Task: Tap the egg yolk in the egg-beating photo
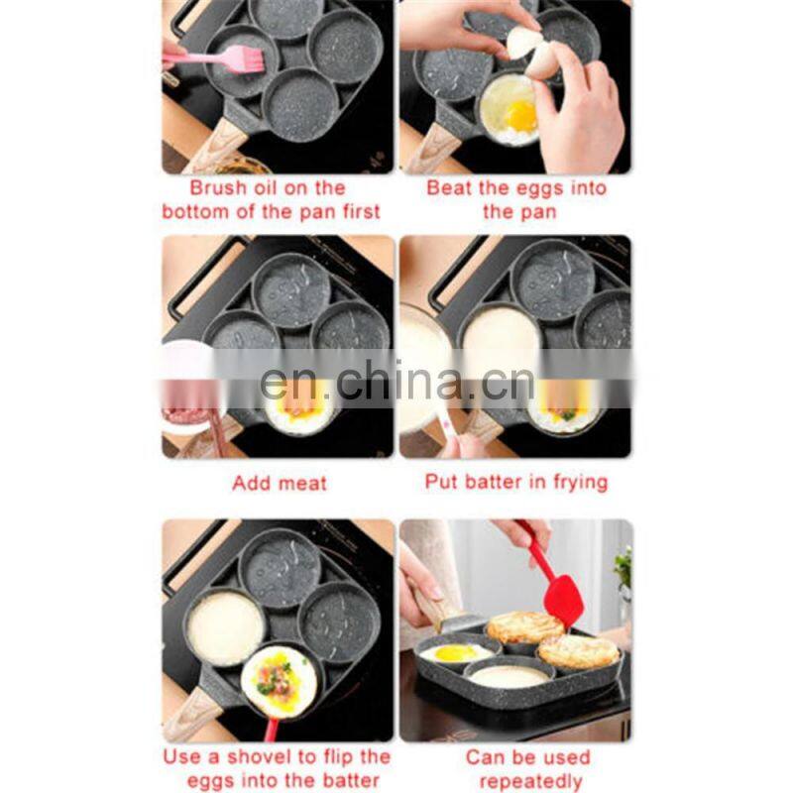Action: pos(521,116)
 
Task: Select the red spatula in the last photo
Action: pos(561,596)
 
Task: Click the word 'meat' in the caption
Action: pos(303,484)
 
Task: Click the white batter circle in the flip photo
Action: pos(225,627)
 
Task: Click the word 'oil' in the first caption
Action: pos(282,187)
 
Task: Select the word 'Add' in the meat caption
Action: pos(251,484)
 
